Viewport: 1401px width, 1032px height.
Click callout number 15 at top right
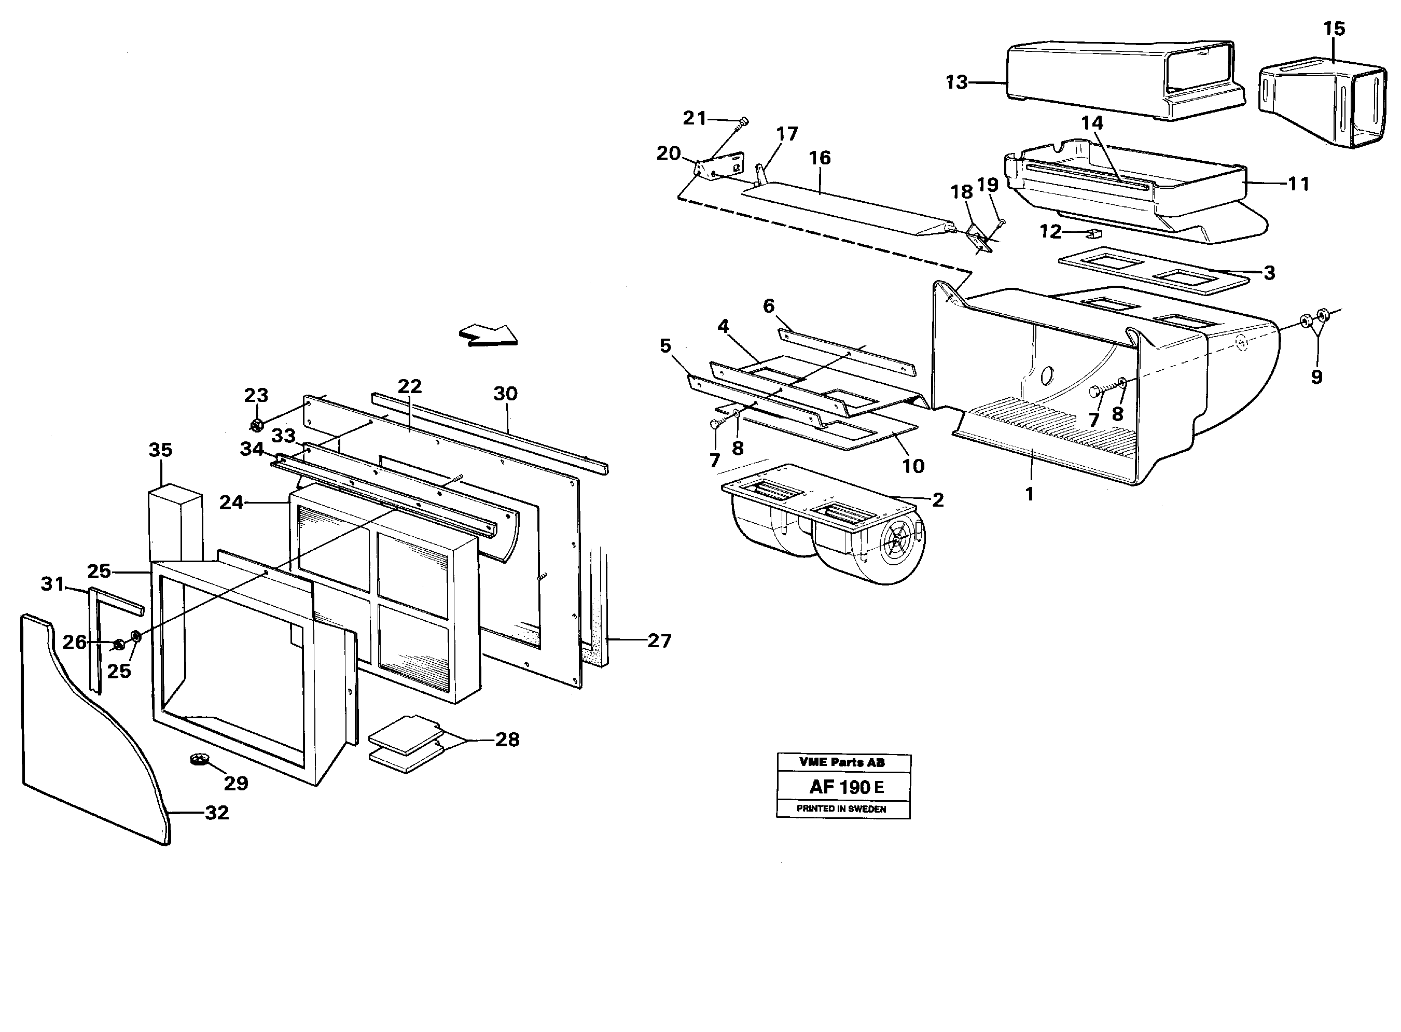[x=1334, y=29]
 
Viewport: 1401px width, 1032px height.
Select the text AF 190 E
[x=846, y=787]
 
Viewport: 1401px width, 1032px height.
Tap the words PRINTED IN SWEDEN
[x=841, y=808]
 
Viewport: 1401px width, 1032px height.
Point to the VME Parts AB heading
[x=841, y=762]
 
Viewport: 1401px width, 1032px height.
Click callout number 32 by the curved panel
[x=217, y=812]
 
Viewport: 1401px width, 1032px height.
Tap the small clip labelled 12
[x=1093, y=234]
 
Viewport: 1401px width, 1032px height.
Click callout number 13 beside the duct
[x=956, y=82]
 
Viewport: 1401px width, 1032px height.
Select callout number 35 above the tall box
[x=161, y=450]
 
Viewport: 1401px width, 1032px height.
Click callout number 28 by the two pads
[x=507, y=740]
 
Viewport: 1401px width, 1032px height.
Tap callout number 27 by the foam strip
[x=659, y=640]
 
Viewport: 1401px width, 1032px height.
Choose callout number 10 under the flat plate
[x=913, y=465]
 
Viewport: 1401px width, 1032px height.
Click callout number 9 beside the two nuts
[x=1316, y=376]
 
